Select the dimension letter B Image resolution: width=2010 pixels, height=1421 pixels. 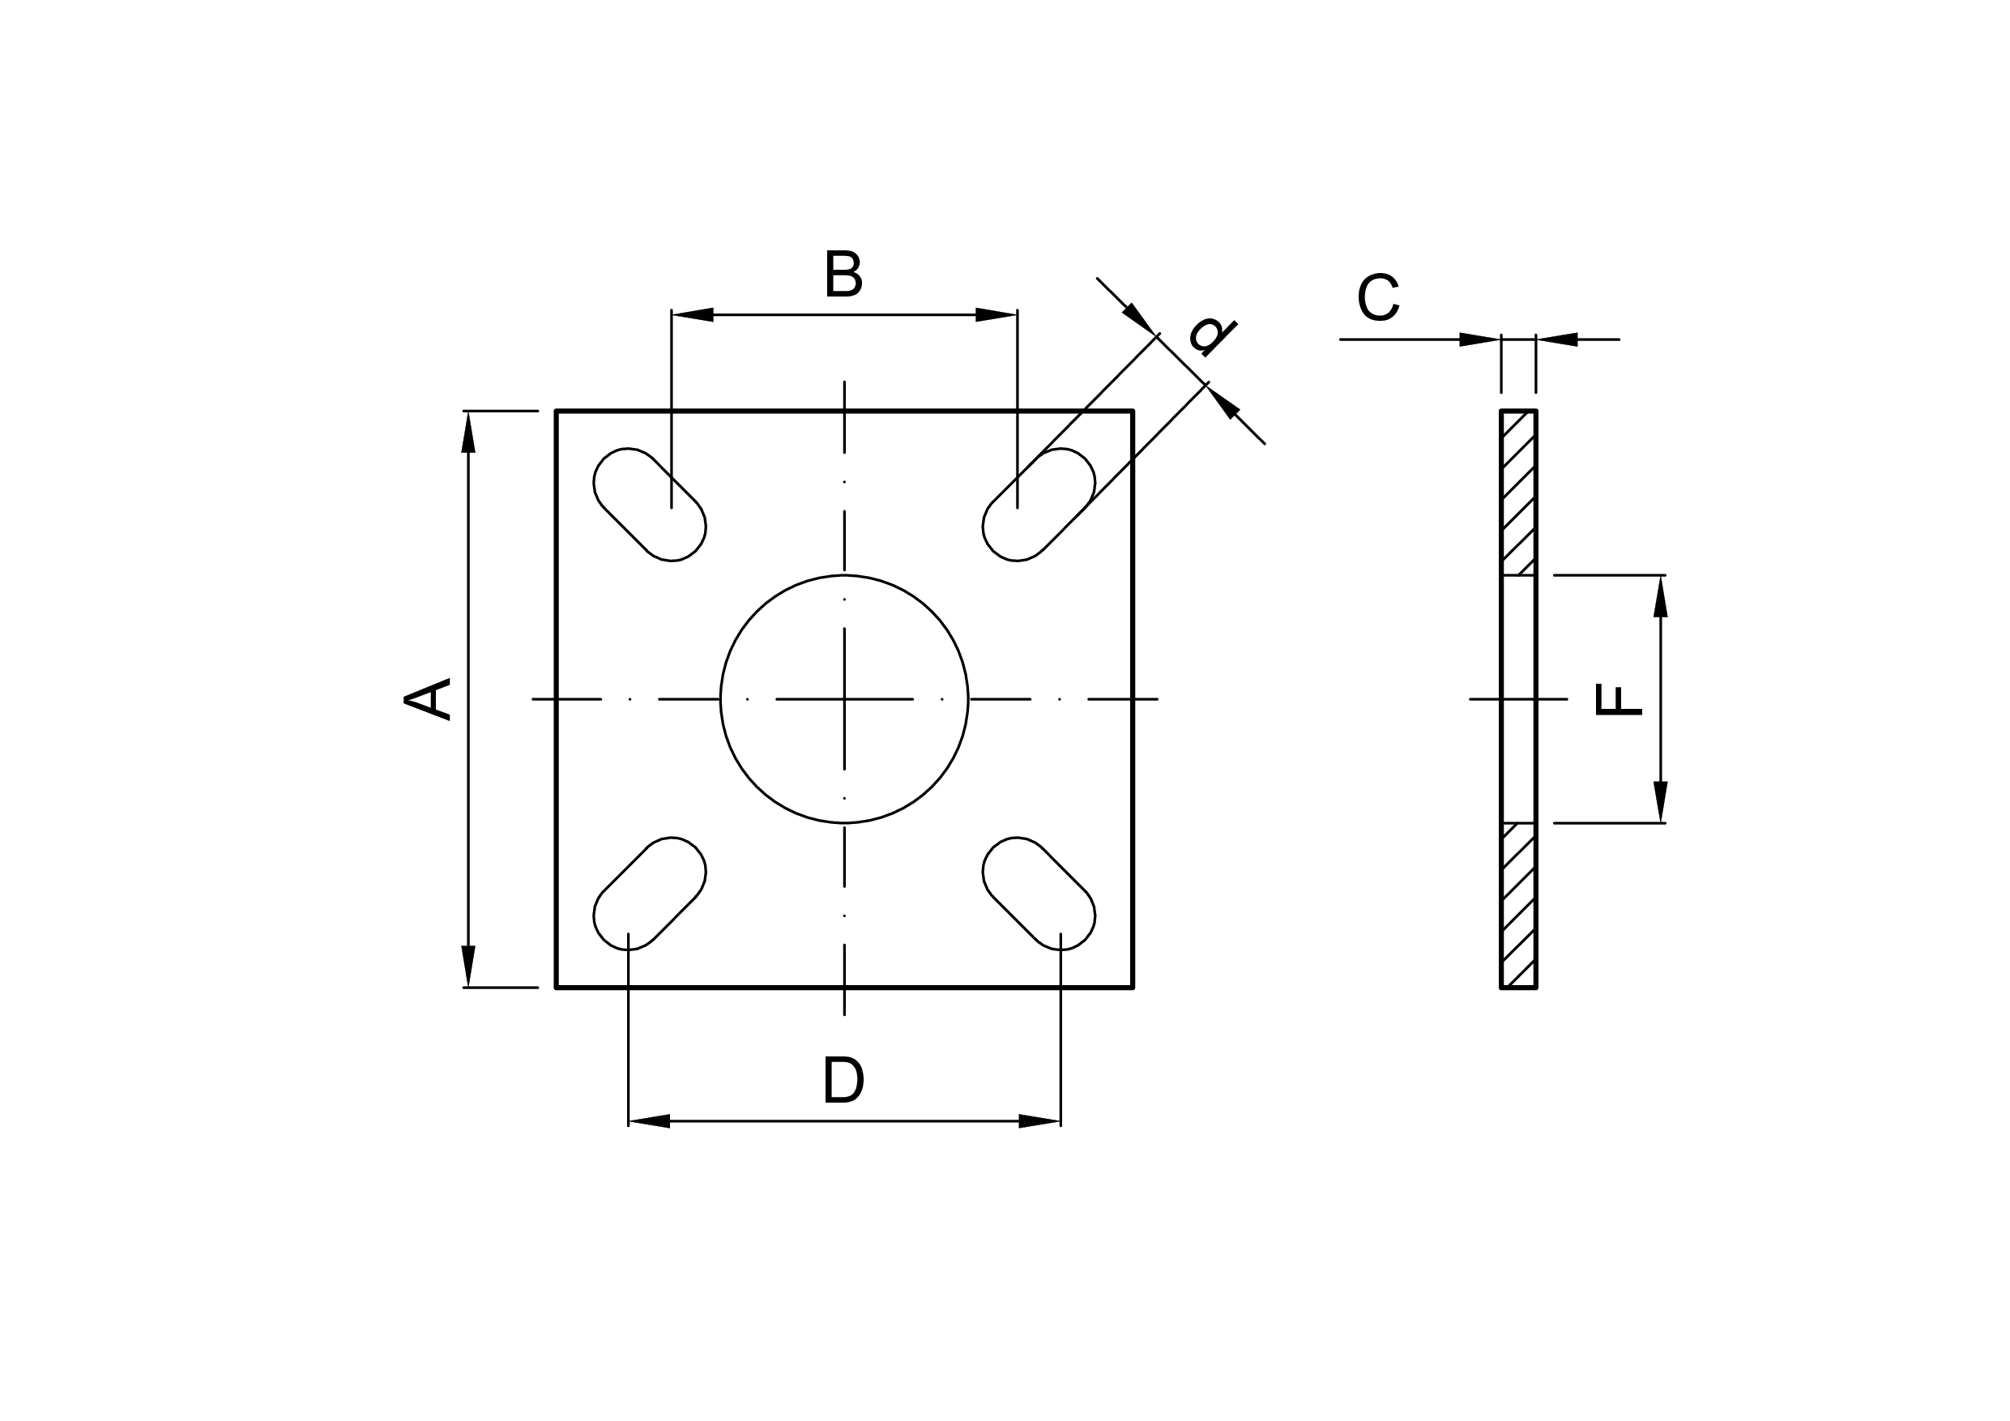click(x=844, y=274)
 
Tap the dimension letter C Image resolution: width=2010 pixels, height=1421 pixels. click(x=1378, y=297)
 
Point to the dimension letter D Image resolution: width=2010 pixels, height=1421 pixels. click(x=844, y=1081)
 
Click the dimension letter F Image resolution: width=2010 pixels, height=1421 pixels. click(x=1618, y=699)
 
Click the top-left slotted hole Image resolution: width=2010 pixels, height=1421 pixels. click(x=650, y=504)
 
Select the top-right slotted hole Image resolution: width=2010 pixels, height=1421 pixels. click(x=1039, y=504)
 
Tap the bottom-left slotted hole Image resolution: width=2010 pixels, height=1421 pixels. click(x=650, y=893)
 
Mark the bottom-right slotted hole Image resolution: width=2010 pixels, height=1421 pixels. click(x=1039, y=893)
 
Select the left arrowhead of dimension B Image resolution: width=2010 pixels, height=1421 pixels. click(x=693, y=314)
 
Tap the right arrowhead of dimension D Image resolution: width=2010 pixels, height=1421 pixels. click(x=1040, y=1120)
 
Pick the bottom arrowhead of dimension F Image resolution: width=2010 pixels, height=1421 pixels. click(x=1660, y=802)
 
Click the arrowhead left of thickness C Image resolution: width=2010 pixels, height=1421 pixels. click(x=1479, y=339)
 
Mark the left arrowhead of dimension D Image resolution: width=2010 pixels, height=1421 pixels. click(x=650, y=1120)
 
